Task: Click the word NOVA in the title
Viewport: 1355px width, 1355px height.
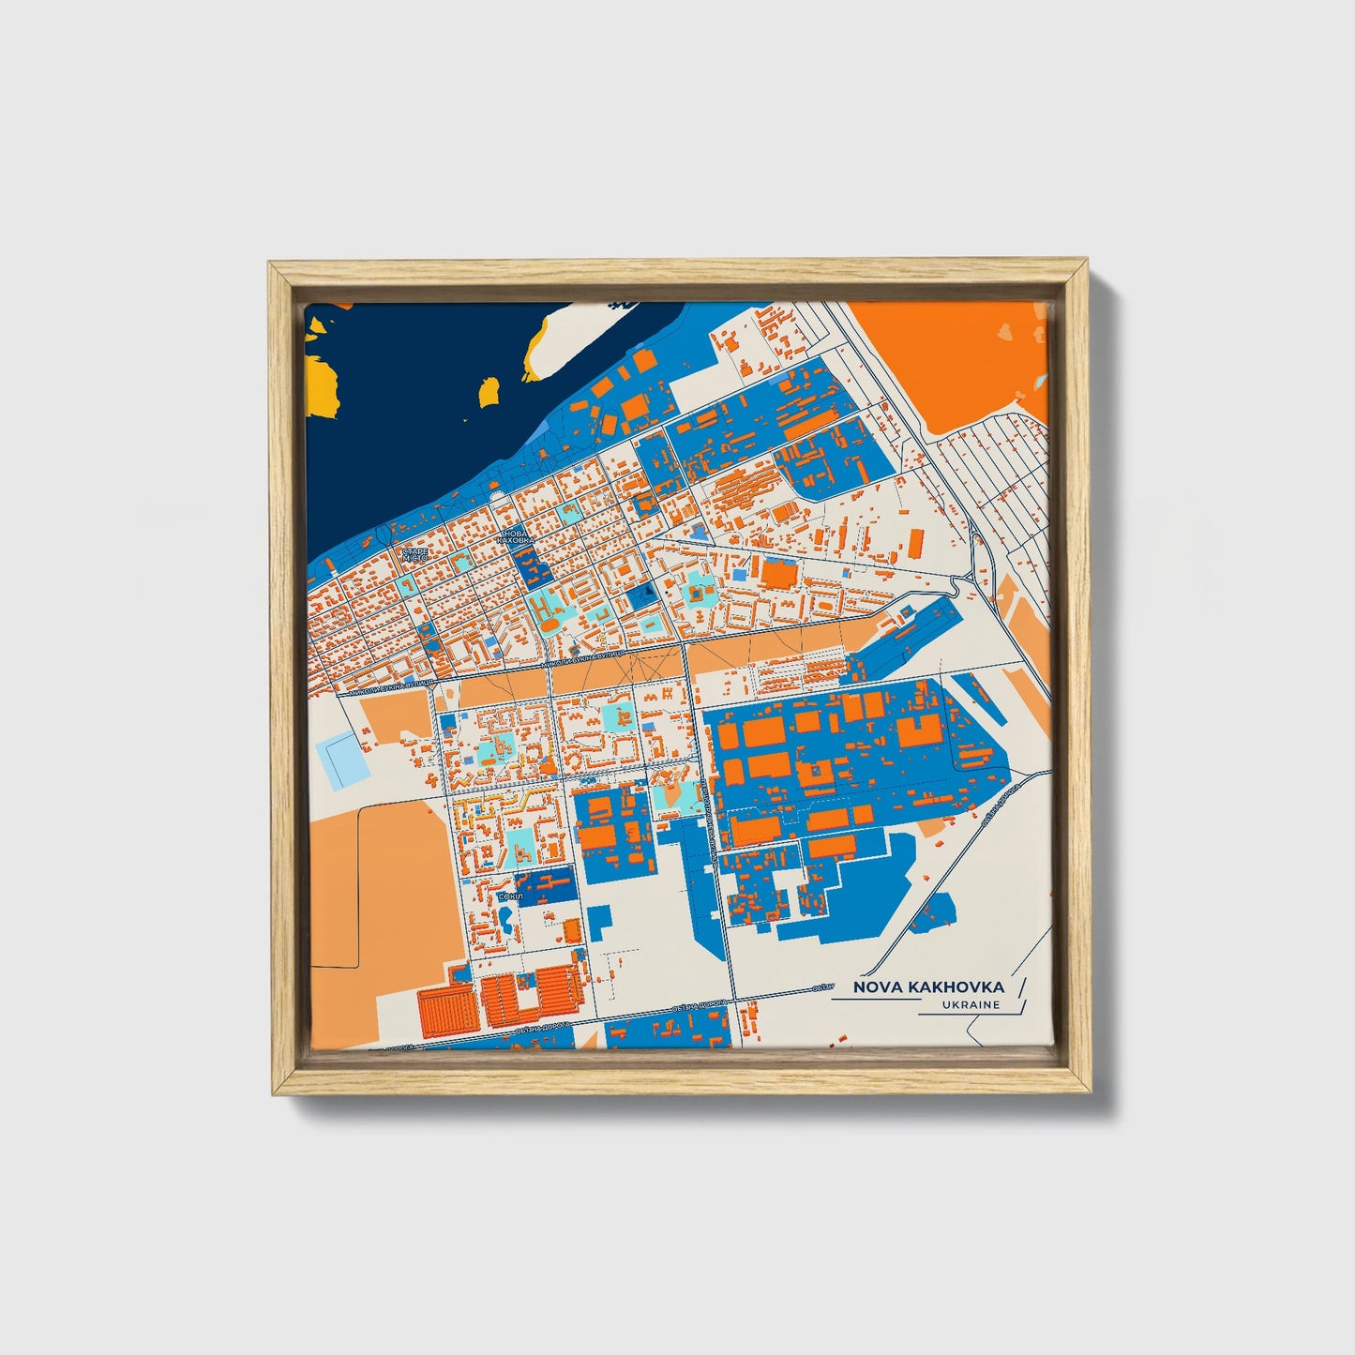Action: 874,987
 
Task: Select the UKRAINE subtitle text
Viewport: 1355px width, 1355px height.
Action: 972,1005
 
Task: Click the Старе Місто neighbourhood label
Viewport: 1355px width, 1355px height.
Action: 414,553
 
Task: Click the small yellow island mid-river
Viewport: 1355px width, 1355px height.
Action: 488,391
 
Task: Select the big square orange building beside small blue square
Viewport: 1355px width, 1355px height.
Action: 776,574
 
